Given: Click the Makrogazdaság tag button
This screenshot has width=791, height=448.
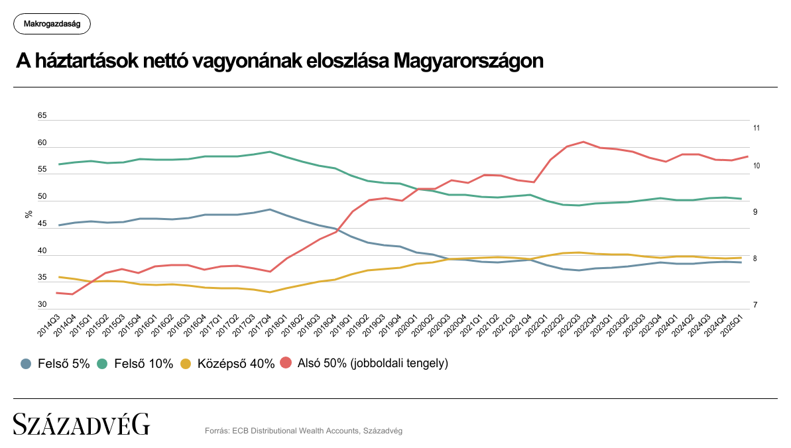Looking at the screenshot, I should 52,24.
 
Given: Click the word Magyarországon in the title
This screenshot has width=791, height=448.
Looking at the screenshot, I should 468,61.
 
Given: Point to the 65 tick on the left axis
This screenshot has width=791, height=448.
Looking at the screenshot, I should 42,116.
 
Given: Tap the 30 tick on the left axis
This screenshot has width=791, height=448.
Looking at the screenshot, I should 42,305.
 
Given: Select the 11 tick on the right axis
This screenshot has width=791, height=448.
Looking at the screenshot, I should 756,128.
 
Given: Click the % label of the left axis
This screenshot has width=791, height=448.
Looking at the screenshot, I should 29,213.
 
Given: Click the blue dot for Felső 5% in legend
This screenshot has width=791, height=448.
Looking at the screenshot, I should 26,363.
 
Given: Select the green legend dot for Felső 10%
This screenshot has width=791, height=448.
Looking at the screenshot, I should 103,363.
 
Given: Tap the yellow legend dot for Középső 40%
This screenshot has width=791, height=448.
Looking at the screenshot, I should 186,363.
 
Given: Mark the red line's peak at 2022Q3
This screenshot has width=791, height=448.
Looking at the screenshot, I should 583,142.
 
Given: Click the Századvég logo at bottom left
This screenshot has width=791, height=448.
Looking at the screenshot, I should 82,424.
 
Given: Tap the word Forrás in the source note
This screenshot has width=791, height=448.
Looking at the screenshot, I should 217,431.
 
